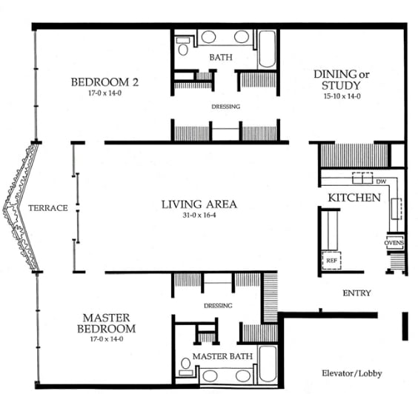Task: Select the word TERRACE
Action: (x=48, y=208)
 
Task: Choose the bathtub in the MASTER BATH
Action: (x=268, y=363)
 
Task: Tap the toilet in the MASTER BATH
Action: (x=184, y=364)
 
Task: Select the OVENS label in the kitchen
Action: (x=394, y=242)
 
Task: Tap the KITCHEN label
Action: (x=354, y=198)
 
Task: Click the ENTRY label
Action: (x=356, y=293)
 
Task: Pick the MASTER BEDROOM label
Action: (x=108, y=323)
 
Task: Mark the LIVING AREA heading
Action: (x=199, y=204)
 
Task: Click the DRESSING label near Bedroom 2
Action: (x=225, y=107)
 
